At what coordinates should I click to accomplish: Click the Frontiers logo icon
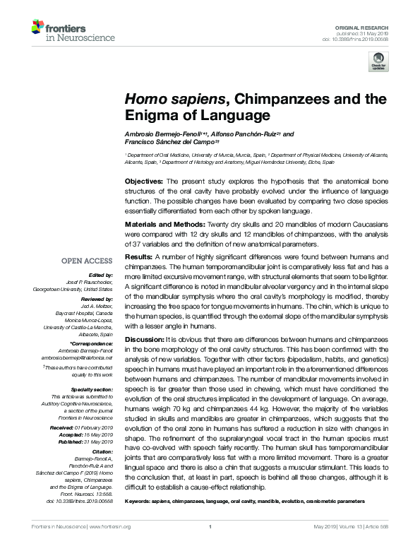point(37,28)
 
